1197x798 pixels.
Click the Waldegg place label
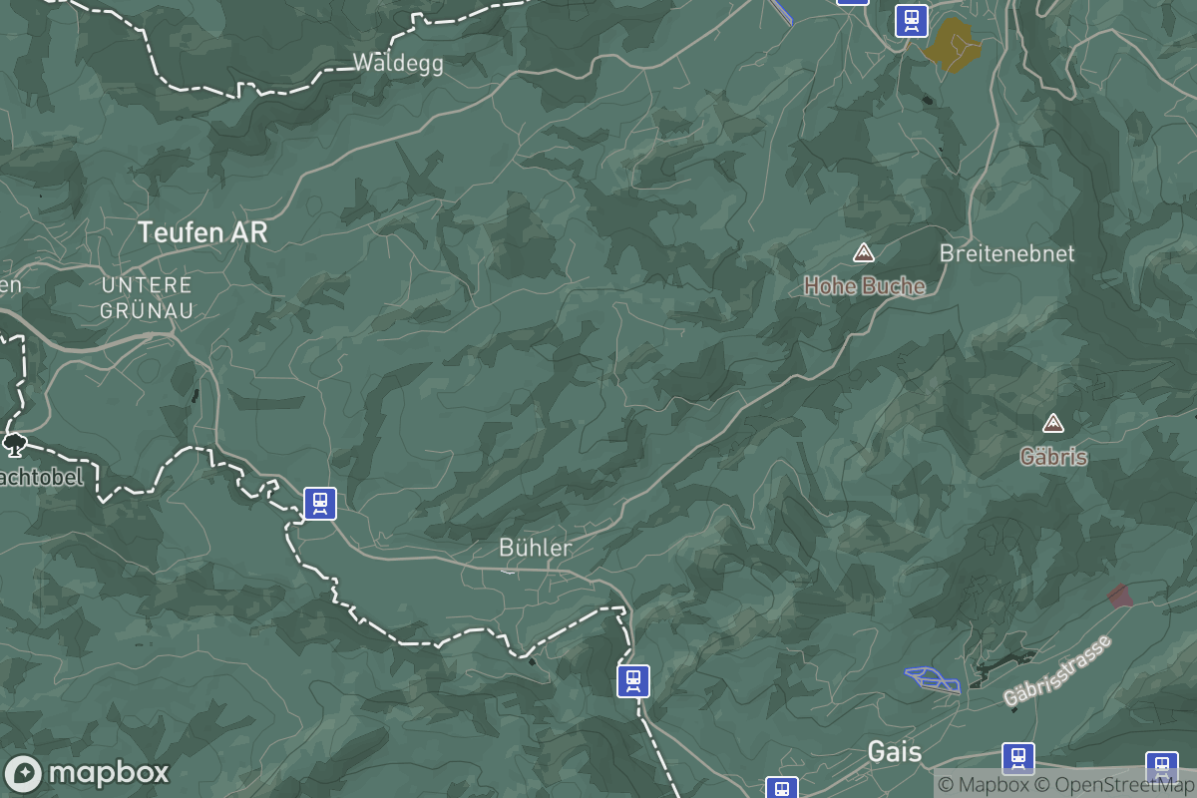pyautogui.click(x=398, y=63)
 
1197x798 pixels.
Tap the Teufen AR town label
pyautogui.click(x=202, y=232)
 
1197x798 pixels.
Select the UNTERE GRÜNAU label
pyautogui.click(x=147, y=297)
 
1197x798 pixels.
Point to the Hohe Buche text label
pyautogui.click(x=865, y=286)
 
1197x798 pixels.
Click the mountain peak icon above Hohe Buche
pyautogui.click(x=864, y=252)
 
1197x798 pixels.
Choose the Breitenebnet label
pyautogui.click(x=1006, y=253)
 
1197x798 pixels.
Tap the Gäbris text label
pyautogui.click(x=1053, y=457)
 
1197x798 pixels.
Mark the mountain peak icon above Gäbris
pyautogui.click(x=1052, y=424)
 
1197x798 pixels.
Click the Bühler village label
pyautogui.click(x=536, y=548)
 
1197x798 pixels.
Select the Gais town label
pyautogui.click(x=895, y=751)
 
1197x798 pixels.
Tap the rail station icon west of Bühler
pyautogui.click(x=319, y=503)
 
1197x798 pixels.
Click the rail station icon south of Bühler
pyautogui.click(x=632, y=680)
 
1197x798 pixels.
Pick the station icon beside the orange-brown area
pyautogui.click(x=911, y=20)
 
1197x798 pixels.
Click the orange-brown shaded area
pyautogui.click(x=952, y=44)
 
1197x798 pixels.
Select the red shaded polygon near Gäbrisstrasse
pyautogui.click(x=1120, y=597)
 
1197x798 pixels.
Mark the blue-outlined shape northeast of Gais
pyautogui.click(x=933, y=679)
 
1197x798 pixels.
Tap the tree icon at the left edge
pyautogui.click(x=14, y=442)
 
